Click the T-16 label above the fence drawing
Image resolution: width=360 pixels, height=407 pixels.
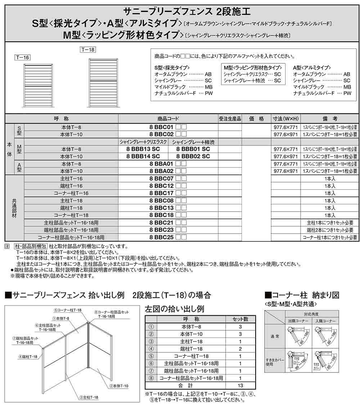(x=22, y=57)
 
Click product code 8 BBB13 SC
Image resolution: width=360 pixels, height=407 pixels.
(x=143, y=149)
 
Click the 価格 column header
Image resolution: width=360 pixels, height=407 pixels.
(x=256, y=119)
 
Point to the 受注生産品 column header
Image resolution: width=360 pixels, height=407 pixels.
(x=230, y=119)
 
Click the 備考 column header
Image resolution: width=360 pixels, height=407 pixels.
(x=329, y=119)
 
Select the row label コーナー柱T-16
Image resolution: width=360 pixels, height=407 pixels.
(x=71, y=193)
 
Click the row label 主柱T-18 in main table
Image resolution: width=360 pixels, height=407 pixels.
(x=71, y=201)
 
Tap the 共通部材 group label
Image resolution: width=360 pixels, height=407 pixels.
(x=14, y=208)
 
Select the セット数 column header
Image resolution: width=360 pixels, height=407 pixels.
(x=240, y=319)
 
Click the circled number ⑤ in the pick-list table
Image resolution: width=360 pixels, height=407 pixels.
(x=151, y=356)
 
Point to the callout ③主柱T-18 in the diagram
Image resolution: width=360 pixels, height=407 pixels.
(x=88, y=397)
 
